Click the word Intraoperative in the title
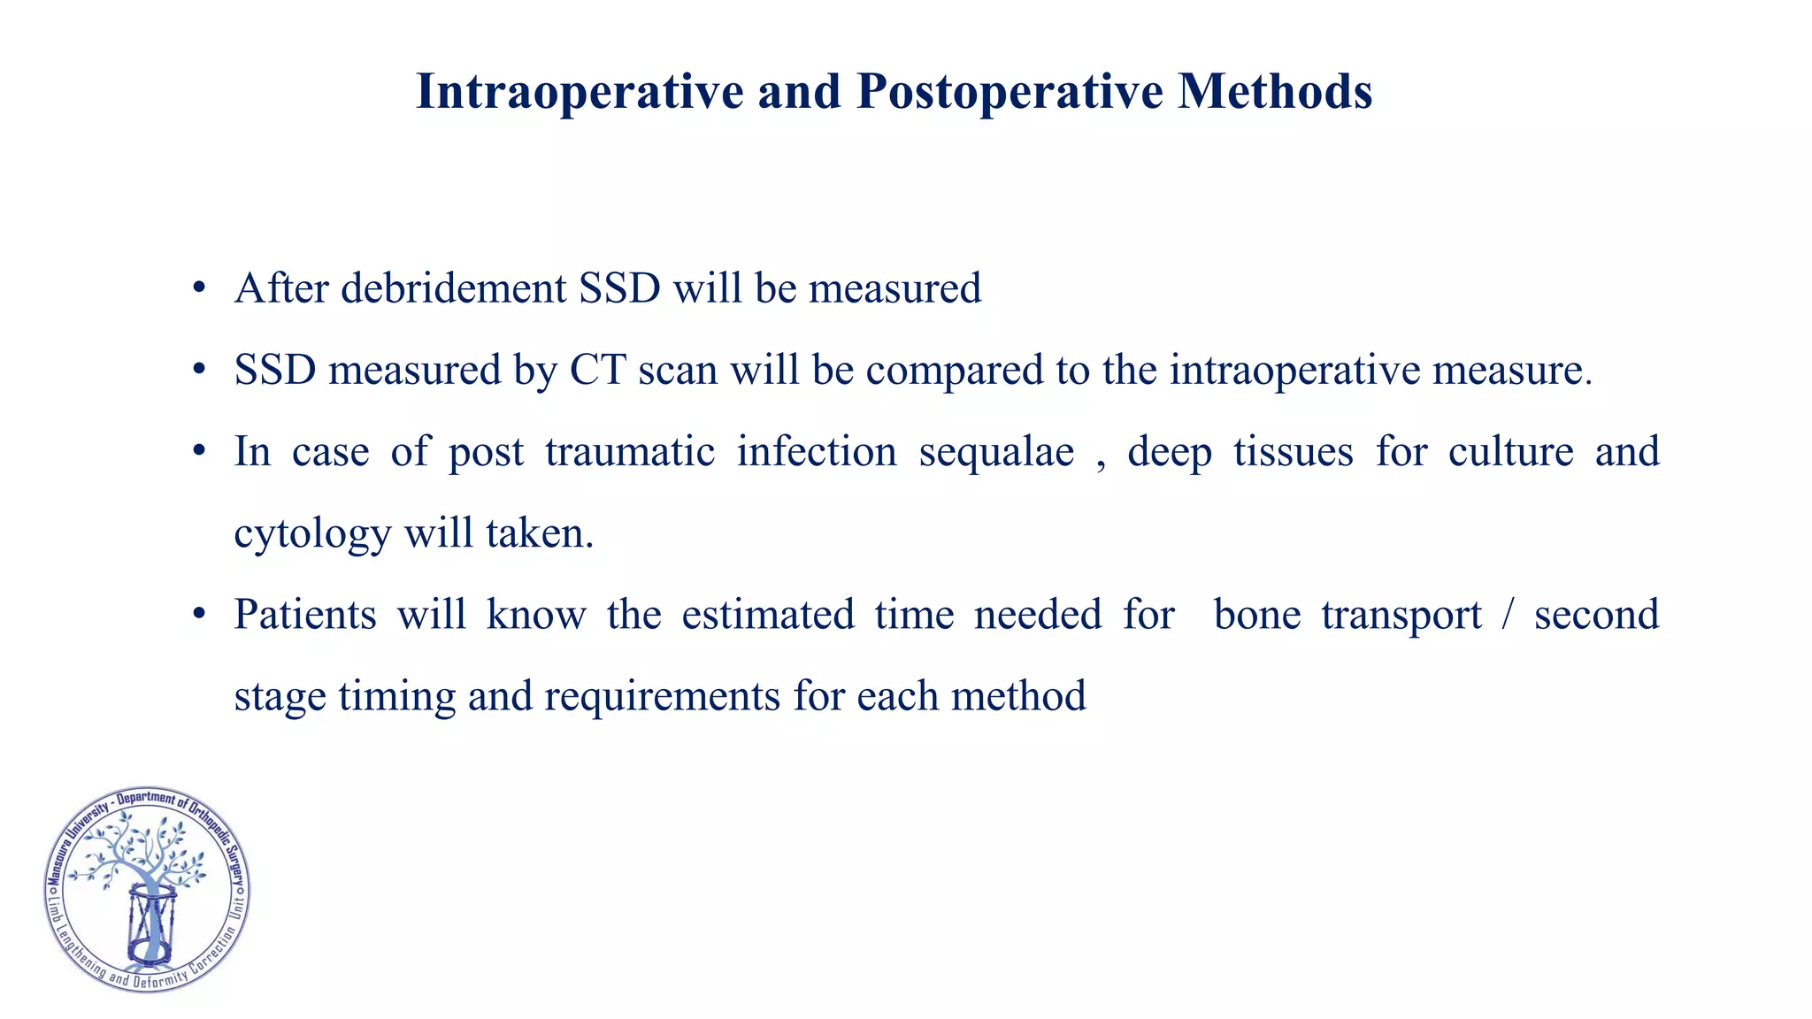click(x=579, y=92)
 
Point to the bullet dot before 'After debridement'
click(x=199, y=289)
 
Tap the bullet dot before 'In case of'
click(x=199, y=452)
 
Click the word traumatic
click(x=629, y=452)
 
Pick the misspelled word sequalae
click(x=996, y=452)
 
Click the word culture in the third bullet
click(x=1510, y=452)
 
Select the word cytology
click(x=311, y=534)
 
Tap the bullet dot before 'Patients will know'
click(x=199, y=615)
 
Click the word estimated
click(x=768, y=615)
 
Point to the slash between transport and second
click(x=1508, y=615)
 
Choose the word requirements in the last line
click(x=662, y=696)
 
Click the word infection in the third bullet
click(x=817, y=452)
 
